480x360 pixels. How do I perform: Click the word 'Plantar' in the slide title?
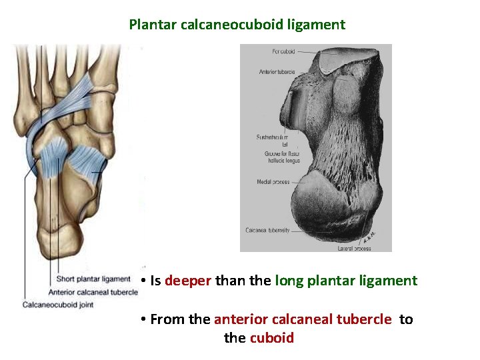(151, 25)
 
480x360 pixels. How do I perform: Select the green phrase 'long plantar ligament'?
(346, 281)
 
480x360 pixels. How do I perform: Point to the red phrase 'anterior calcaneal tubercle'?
(303, 319)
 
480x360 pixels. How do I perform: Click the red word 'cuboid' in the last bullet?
(271, 337)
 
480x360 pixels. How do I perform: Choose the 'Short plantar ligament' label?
(93, 279)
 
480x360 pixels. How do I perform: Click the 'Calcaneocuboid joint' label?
(59, 305)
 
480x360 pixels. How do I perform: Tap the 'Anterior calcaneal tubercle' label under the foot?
(93, 292)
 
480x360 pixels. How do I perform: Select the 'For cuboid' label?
(283, 51)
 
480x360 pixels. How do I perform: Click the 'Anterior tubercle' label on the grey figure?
(277, 71)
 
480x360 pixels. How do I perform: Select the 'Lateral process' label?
(355, 248)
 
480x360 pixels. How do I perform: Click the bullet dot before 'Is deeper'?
(143, 281)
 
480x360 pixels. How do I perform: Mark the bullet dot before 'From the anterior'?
(143, 320)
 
